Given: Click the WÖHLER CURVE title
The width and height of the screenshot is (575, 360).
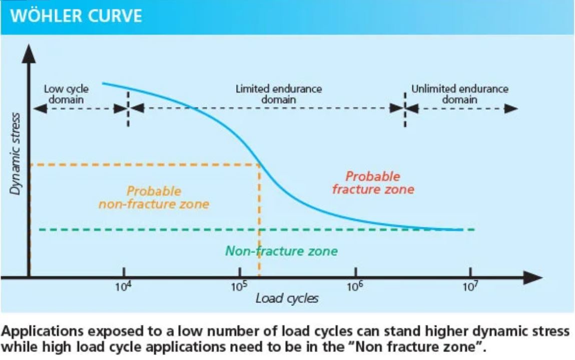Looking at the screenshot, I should tap(76, 16).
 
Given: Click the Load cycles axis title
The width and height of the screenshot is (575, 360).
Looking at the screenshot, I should tap(287, 299).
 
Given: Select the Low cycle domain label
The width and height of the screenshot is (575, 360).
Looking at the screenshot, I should tap(66, 94).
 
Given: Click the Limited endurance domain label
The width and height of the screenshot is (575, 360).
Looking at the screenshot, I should tap(279, 94).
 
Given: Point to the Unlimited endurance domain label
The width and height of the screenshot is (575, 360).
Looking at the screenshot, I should tap(459, 94).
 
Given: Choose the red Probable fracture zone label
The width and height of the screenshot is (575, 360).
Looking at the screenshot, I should tap(373, 183).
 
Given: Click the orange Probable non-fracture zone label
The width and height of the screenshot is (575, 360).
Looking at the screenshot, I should tap(154, 198).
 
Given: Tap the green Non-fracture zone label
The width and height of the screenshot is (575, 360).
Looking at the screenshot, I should tap(281, 251).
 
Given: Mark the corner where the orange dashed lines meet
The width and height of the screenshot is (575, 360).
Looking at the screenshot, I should tap(259, 164).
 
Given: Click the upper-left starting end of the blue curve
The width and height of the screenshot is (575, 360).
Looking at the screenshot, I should tap(103, 84).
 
